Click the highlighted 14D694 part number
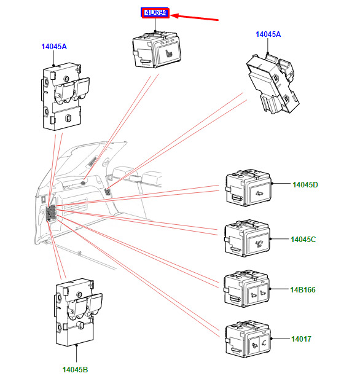155,12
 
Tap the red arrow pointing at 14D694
194,17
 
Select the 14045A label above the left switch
54,47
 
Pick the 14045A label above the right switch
268,34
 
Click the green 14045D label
305,185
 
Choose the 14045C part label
303,240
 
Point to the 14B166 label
303,289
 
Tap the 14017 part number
301,339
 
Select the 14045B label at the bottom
75,369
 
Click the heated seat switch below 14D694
157,50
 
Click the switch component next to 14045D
248,187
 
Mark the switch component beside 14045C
247,238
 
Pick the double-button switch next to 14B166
246,289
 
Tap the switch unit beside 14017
248,339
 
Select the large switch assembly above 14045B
79,313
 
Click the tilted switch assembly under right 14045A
273,84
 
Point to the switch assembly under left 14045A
66,97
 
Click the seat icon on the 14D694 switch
169,53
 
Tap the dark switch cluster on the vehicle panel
51,213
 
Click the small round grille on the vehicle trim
84,183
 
